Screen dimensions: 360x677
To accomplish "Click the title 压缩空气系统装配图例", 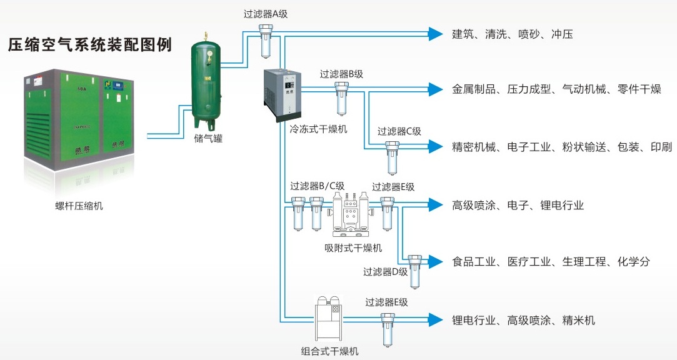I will [x=89, y=46].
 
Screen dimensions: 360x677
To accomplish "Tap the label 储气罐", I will [x=208, y=139].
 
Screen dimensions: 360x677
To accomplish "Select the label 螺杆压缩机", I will [x=79, y=206].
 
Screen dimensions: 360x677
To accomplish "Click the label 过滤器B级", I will [x=341, y=74].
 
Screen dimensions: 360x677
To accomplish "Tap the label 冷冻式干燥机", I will [x=318, y=129].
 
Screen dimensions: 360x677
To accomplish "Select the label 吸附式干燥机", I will [x=353, y=247].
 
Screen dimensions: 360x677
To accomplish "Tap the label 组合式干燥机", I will [x=330, y=351].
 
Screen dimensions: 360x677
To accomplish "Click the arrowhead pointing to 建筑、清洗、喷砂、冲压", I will [x=435, y=34].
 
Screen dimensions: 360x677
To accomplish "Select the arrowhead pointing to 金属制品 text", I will [x=435, y=89].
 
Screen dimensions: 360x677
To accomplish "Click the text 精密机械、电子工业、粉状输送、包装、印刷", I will [x=561, y=147].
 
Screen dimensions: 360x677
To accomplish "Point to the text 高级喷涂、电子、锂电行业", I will [x=518, y=205].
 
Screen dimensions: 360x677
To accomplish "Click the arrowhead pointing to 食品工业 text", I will [x=435, y=261].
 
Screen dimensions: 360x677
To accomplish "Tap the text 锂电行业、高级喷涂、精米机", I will [x=523, y=320].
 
